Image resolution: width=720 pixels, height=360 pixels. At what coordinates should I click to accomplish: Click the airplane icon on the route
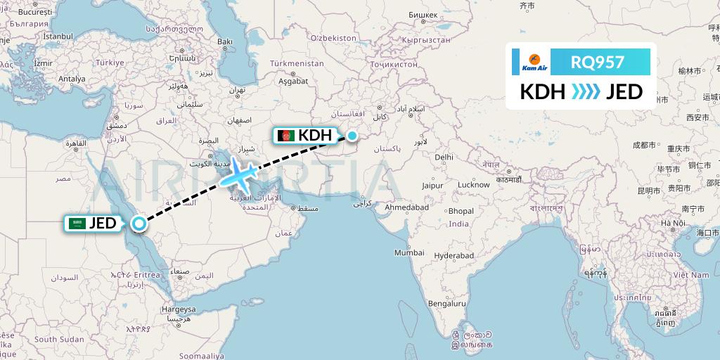(240, 176)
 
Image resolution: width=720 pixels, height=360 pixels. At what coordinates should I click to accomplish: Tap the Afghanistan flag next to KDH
(286, 136)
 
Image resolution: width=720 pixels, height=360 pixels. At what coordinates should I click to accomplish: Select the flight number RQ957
(597, 63)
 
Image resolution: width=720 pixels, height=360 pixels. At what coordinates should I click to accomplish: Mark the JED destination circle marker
(139, 224)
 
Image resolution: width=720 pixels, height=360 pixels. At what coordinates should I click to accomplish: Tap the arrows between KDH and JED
(581, 92)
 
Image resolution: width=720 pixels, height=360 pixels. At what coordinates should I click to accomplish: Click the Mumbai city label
(409, 252)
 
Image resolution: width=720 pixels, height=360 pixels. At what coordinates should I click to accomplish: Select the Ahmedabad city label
(406, 208)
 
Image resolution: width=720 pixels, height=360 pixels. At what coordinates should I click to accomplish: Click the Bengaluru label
(447, 304)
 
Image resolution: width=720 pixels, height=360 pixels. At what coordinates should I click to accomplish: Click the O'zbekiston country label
(334, 37)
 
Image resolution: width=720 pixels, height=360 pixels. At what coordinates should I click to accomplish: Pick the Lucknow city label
(473, 185)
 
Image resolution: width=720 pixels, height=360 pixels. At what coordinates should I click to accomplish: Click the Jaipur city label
(432, 186)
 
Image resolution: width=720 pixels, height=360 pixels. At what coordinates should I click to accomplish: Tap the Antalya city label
(71, 79)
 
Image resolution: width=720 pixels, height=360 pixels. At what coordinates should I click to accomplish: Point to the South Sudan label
(57, 339)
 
